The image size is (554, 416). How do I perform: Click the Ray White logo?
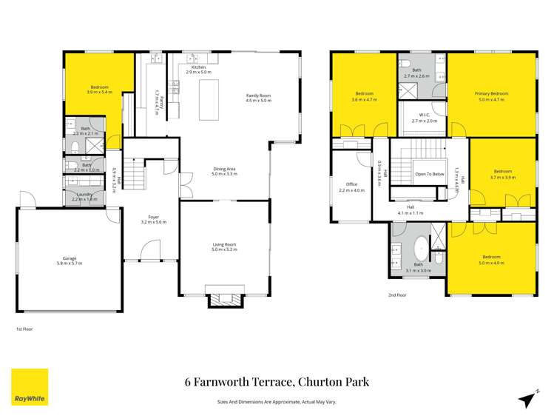[30, 386]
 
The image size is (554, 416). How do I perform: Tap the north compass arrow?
[526, 399]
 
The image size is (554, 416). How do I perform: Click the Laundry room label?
[82, 196]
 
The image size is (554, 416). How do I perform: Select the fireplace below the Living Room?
[224, 298]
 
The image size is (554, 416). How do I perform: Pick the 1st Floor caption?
[24, 329]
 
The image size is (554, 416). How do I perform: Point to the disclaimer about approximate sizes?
[277, 403]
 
